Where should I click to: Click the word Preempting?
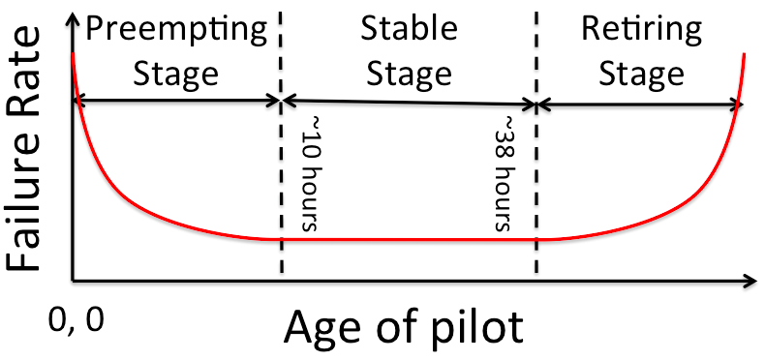pyautogui.click(x=175, y=30)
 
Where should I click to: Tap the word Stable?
pyautogui.click(x=408, y=28)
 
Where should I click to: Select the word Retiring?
pyautogui.click(x=641, y=28)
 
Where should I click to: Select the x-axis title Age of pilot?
pyautogui.click(x=404, y=327)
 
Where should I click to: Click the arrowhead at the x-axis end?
pyautogui.click(x=750, y=283)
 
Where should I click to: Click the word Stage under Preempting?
pyautogui.click(x=175, y=74)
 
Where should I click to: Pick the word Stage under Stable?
pyautogui.click(x=408, y=74)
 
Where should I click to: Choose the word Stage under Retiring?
pyautogui.click(x=641, y=74)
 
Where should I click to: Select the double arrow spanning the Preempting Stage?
pyautogui.click(x=177, y=100)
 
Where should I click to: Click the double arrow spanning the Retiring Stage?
pyautogui.click(x=638, y=104)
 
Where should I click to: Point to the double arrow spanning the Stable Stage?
pyautogui.click(x=408, y=102)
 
